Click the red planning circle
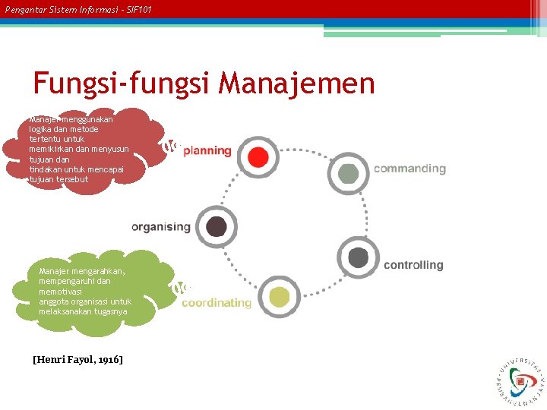pos(258,157)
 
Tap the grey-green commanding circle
pos(349,173)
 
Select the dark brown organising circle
pos(217,226)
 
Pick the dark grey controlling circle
pos(358,257)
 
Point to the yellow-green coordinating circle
pos(279,297)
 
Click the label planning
pos(207,150)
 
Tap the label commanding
pos(409,169)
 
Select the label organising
pos(161,226)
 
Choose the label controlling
pos(413,265)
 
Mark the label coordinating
pos(217,302)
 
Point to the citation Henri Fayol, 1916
pos(77,358)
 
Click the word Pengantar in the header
pos(27,8)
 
